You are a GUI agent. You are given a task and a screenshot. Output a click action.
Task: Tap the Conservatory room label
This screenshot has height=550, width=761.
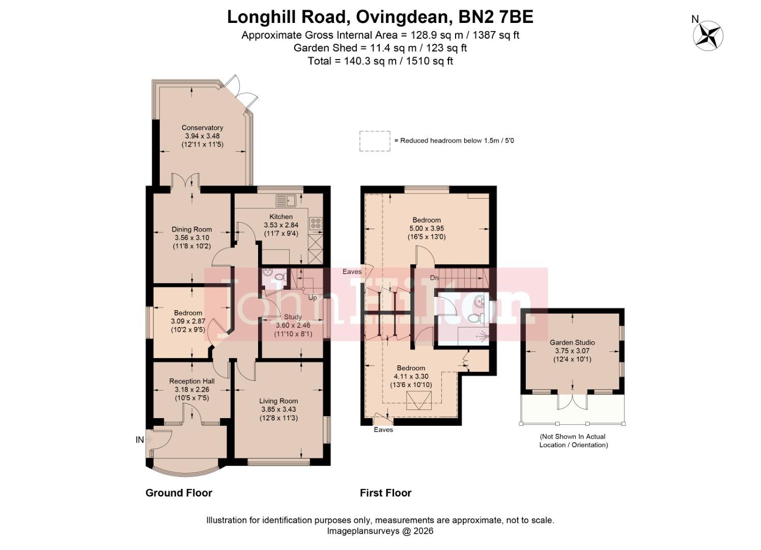tap(202, 128)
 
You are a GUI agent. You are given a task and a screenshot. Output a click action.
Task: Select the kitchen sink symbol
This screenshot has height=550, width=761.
tap(286, 200)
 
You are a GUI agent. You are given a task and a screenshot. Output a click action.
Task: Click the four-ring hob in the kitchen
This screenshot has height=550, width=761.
tap(316, 223)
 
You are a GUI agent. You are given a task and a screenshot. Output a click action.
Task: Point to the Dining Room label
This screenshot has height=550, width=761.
tap(191, 229)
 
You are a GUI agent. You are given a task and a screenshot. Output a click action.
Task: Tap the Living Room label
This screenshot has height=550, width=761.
tap(278, 401)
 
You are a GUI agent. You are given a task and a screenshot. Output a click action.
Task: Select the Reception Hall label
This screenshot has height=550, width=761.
tap(192, 381)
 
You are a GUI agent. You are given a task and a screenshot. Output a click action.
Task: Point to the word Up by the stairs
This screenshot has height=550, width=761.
tap(313, 297)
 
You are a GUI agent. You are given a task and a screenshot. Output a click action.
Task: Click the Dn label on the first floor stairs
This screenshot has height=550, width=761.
tap(434, 278)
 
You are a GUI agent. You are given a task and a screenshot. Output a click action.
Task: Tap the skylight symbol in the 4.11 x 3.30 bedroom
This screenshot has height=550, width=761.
tap(418, 401)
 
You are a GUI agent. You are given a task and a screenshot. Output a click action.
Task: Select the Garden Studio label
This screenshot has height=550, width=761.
tap(572, 343)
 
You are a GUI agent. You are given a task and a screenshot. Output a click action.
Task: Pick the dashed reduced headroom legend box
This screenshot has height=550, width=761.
tap(375, 141)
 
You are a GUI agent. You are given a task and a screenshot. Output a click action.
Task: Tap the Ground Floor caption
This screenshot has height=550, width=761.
tap(179, 492)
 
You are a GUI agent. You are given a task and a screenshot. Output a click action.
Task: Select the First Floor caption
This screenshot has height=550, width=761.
tap(385, 492)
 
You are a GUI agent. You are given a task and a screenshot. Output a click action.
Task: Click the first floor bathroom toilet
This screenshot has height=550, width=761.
tap(474, 319)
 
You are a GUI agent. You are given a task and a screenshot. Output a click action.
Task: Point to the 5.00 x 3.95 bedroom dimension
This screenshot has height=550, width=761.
tap(426, 229)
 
